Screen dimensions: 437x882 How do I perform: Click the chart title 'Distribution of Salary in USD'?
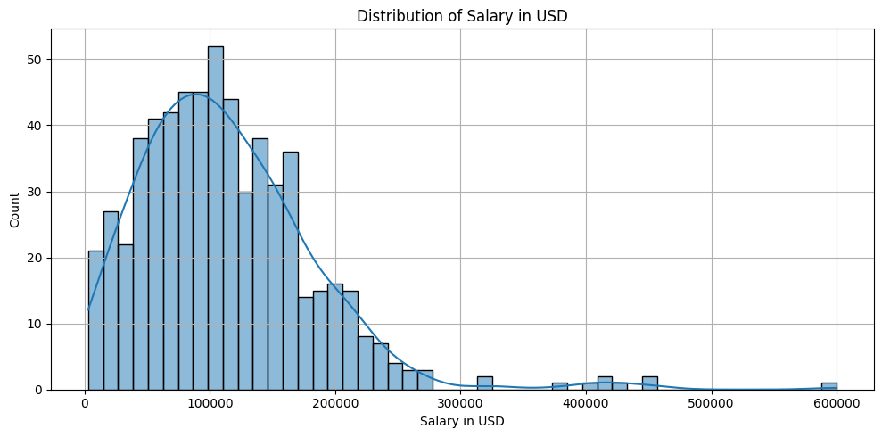(x=461, y=15)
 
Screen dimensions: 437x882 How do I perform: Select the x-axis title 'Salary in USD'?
(x=461, y=421)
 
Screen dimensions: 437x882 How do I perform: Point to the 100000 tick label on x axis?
(x=210, y=403)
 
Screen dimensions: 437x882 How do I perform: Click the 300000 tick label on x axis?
(x=460, y=403)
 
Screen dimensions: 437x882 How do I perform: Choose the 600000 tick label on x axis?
(x=837, y=403)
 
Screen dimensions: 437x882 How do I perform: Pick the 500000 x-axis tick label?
(x=712, y=403)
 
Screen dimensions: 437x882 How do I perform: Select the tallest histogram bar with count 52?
(x=216, y=218)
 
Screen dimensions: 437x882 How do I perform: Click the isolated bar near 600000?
(x=829, y=386)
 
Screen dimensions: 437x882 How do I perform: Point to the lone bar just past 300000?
(x=484, y=383)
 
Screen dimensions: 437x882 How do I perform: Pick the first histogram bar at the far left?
(x=95, y=321)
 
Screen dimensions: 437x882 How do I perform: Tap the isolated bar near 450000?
(x=649, y=383)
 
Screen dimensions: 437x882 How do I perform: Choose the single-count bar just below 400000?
(x=559, y=386)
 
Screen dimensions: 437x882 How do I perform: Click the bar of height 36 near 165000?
(x=291, y=271)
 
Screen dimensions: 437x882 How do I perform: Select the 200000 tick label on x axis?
(x=335, y=403)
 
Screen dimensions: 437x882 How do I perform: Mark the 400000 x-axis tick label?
(x=586, y=403)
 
